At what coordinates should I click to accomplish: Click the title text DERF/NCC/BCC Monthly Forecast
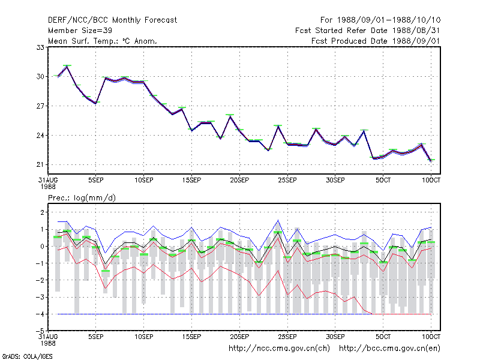point(112,20)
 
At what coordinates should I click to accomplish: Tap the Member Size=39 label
point(80,31)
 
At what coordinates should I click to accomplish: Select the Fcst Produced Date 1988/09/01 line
point(376,41)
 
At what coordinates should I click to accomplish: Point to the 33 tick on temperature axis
point(40,47)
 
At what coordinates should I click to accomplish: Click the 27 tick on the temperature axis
point(40,106)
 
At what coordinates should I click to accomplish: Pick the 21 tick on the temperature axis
point(40,164)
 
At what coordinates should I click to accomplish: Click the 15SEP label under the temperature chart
point(191,180)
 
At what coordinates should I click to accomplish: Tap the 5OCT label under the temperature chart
point(383,180)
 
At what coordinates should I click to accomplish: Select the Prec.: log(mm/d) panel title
point(82,198)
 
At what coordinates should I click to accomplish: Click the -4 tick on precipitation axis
point(40,314)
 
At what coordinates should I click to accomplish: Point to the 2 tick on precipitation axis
point(42,212)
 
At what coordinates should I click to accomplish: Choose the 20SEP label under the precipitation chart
point(239,337)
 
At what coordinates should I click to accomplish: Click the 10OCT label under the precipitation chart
point(431,337)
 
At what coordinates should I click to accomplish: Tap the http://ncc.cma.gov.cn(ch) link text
point(279,349)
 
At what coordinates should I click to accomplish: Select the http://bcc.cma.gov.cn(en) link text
point(389,349)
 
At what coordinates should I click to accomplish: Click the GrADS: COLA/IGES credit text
point(27,356)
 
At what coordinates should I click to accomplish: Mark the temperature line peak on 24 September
point(278,126)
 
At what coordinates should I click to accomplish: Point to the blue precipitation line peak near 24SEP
point(278,220)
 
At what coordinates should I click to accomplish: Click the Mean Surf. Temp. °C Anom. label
point(103,41)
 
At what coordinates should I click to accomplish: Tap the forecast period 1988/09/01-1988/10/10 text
point(380,20)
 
